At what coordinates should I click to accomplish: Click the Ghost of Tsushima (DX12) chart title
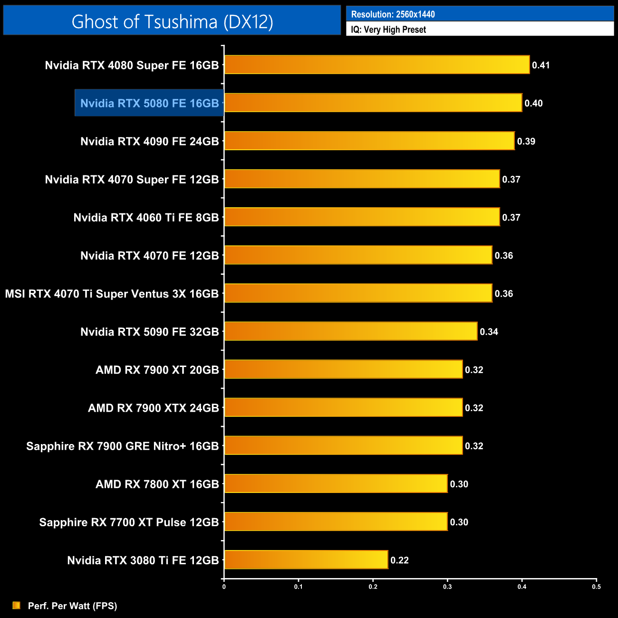(172, 21)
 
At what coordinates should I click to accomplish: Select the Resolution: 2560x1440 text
(393, 14)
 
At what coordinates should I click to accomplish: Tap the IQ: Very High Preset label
(388, 29)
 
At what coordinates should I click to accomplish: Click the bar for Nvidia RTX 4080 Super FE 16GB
(377, 65)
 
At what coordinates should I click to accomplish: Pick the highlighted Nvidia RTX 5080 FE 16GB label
(149, 103)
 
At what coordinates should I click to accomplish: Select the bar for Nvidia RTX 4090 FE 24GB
(369, 141)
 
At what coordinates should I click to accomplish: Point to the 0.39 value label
(526, 141)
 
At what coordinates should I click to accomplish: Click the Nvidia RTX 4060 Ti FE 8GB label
(146, 218)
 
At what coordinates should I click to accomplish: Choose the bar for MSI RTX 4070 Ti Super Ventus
(358, 293)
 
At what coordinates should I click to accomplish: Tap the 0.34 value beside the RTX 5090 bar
(489, 332)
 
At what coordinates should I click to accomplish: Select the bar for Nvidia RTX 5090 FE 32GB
(350, 331)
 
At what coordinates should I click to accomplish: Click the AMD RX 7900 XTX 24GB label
(153, 408)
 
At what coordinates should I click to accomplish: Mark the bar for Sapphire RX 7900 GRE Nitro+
(343, 445)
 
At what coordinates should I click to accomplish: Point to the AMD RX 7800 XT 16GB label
(157, 484)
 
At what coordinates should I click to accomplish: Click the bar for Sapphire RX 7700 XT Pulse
(336, 521)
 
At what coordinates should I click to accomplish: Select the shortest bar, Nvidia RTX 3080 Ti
(306, 560)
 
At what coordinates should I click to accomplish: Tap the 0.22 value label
(399, 560)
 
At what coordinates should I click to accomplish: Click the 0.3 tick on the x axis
(447, 587)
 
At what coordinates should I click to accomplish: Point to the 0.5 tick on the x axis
(596, 587)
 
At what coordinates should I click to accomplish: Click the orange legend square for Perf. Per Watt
(17, 605)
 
